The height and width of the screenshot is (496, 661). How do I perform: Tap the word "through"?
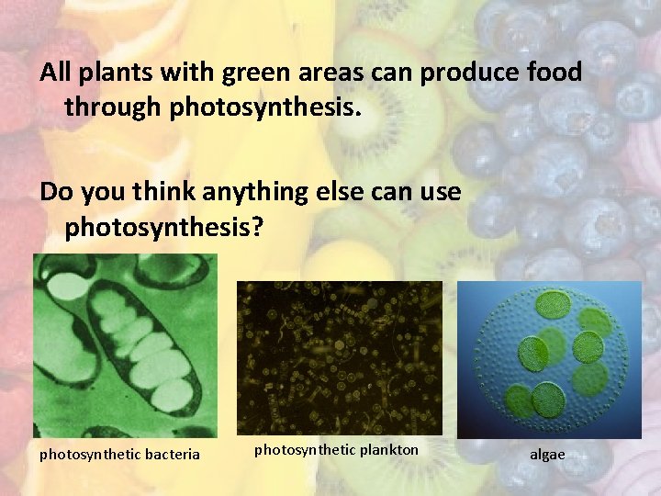113,108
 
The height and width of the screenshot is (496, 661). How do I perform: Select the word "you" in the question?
103,193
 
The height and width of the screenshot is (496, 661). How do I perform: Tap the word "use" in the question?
440,193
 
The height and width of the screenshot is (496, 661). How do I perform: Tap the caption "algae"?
547,455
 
